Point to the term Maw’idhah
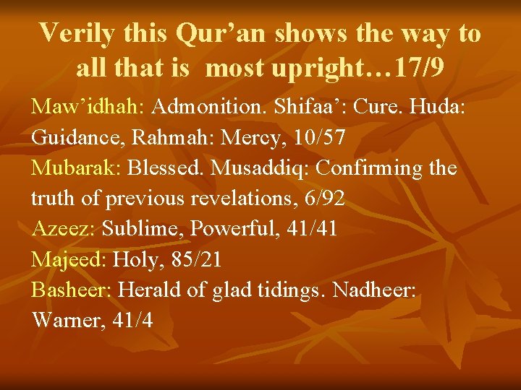[x=88, y=107]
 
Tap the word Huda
[x=437, y=107]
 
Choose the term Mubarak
[x=77, y=168]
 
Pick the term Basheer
[x=71, y=290]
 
